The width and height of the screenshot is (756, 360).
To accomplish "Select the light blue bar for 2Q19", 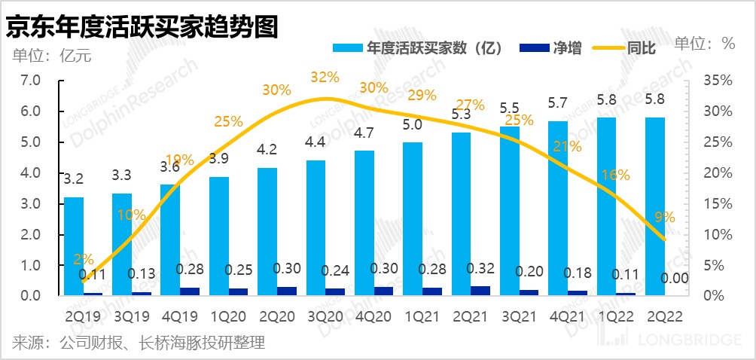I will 74,246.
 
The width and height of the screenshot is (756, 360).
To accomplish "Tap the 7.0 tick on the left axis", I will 29,80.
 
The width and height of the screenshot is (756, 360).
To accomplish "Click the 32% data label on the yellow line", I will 325,77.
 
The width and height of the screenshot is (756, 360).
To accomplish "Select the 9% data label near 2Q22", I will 664,217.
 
